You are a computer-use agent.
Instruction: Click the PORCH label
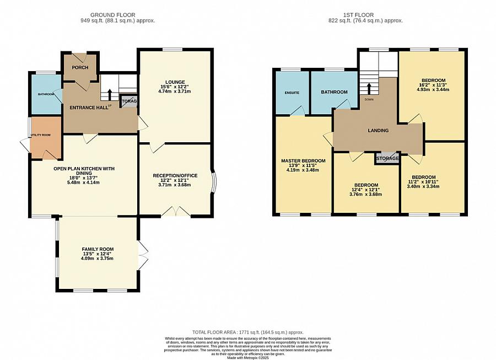point(80,68)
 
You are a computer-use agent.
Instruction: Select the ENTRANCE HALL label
point(86,107)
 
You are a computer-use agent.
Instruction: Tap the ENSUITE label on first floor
point(292,93)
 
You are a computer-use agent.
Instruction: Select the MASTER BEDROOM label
point(303,161)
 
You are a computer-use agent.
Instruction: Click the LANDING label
point(378,131)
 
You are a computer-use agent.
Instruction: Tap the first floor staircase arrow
point(368,88)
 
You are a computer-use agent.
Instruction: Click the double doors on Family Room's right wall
point(143,256)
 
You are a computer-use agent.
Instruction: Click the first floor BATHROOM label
point(335,92)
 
